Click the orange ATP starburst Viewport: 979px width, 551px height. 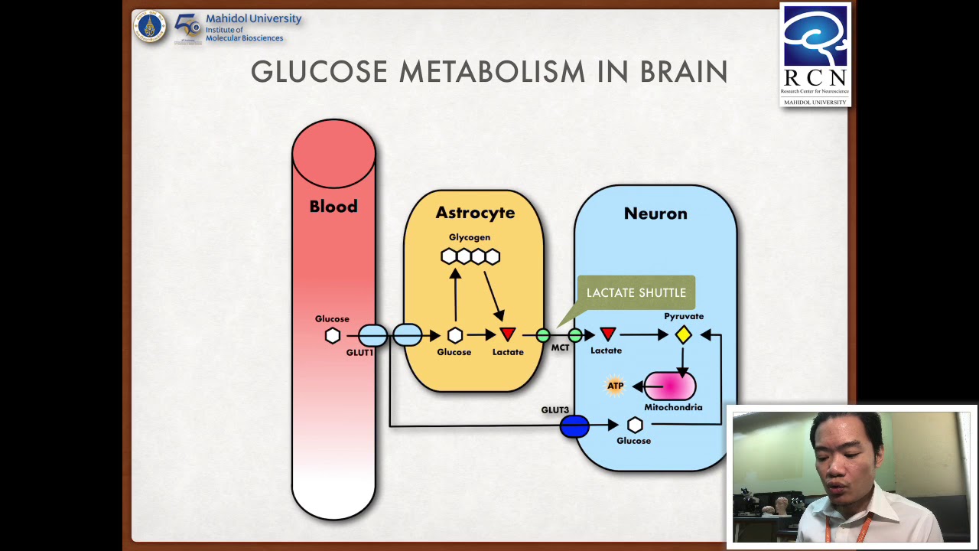[615, 386]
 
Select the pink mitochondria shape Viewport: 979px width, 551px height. [670, 386]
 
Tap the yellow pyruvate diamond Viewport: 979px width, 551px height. [683, 334]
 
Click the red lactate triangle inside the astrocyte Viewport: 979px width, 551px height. [508, 334]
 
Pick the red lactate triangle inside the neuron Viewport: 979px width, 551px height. [608, 334]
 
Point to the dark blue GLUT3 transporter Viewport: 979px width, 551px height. [574, 426]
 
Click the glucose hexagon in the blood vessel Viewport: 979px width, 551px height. [333, 335]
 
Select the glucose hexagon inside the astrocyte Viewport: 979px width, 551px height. [455, 335]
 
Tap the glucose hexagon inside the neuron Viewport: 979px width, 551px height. [635, 425]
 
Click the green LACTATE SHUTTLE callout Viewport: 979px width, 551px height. [636, 292]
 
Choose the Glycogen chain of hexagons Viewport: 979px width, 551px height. [470, 256]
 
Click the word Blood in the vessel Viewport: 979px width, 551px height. [333, 207]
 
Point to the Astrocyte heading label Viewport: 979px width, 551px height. [475, 213]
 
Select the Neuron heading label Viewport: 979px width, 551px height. [655, 214]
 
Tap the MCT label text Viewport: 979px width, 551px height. [560, 348]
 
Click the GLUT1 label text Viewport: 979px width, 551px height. [359, 353]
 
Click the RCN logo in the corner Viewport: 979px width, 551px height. [815, 54]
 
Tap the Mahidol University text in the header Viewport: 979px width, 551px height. [253, 18]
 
